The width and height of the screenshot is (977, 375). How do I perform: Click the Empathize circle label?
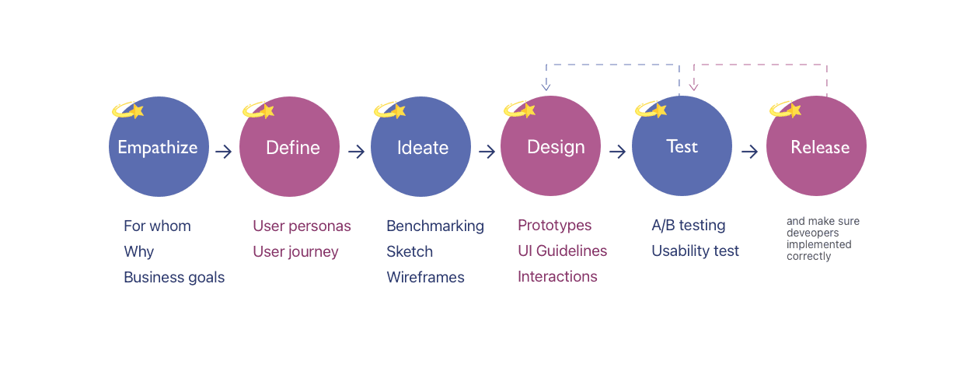click(x=158, y=147)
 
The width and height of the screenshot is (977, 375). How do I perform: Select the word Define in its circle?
click(x=292, y=147)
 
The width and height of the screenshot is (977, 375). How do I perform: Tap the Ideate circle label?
click(x=423, y=147)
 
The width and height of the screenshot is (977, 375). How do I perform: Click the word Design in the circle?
click(x=556, y=147)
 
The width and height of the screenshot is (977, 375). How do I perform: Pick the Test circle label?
click(x=682, y=146)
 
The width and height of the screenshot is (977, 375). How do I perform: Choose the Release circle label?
click(x=820, y=147)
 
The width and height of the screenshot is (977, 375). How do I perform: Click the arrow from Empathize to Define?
click(x=224, y=152)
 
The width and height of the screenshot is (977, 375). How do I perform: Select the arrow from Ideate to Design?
click(x=487, y=152)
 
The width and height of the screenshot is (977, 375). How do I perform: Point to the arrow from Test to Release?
click(x=750, y=152)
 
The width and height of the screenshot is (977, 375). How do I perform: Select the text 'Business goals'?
click(x=174, y=277)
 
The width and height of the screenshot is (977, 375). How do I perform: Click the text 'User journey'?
click(x=295, y=251)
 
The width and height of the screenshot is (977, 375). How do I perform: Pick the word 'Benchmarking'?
click(x=435, y=226)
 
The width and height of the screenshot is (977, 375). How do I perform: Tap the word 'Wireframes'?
click(x=425, y=277)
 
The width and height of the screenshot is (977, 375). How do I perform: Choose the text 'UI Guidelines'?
click(x=563, y=251)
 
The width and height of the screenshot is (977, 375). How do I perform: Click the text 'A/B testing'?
click(x=689, y=225)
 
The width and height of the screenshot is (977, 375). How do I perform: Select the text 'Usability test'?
click(x=696, y=251)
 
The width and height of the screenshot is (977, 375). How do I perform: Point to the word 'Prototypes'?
click(x=555, y=225)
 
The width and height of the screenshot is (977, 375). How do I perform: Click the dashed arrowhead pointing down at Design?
click(x=546, y=86)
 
